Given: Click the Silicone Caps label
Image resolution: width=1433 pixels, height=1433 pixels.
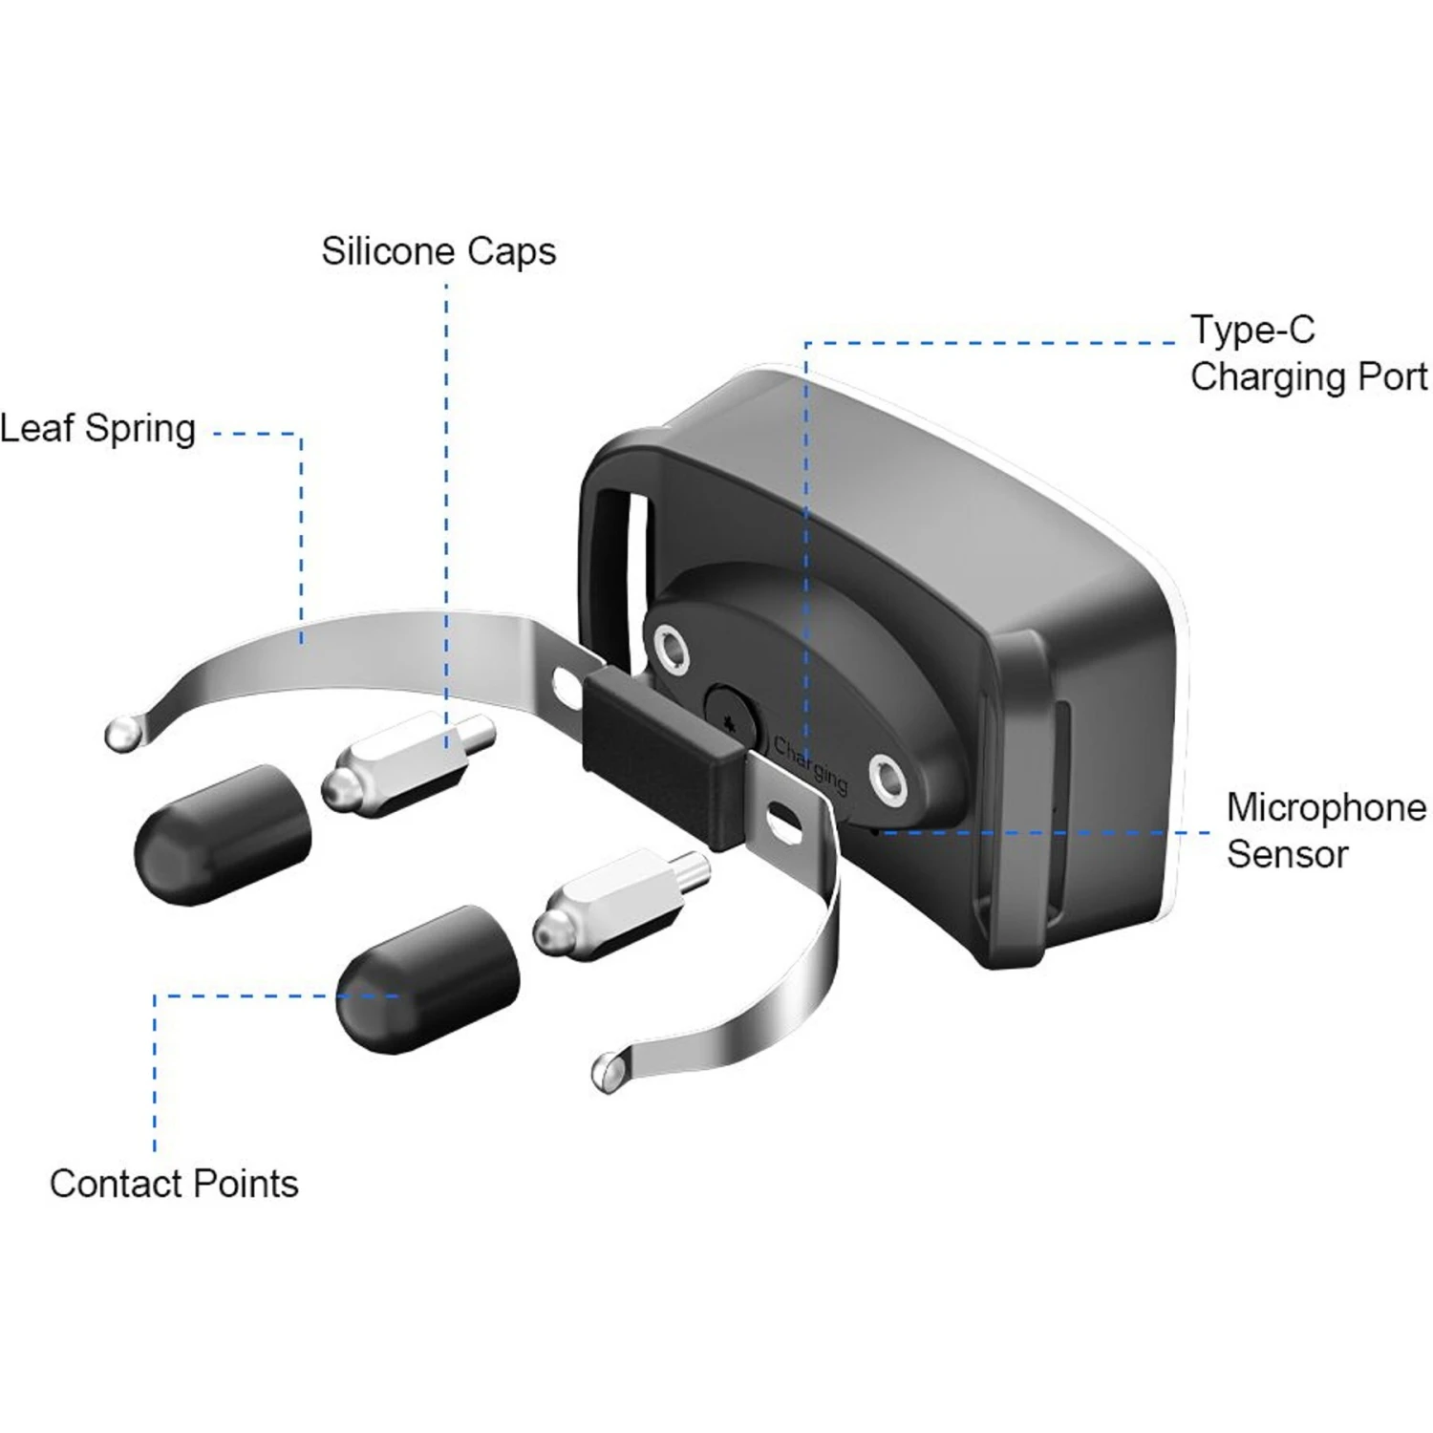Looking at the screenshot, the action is pyautogui.click(x=438, y=252).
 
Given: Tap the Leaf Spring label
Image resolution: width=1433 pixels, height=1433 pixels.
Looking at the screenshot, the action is pyautogui.click(x=97, y=429).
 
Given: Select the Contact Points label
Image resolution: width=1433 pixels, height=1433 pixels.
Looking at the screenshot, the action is pyautogui.click(x=174, y=1184).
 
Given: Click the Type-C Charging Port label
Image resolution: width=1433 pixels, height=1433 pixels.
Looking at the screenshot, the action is pyautogui.click(x=1309, y=353).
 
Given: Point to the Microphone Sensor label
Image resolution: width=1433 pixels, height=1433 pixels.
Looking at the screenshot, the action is pyautogui.click(x=1326, y=830).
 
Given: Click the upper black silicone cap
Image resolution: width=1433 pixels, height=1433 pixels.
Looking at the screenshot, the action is pyautogui.click(x=223, y=834).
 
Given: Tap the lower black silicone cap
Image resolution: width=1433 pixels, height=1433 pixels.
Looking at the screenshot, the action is pyautogui.click(x=428, y=979).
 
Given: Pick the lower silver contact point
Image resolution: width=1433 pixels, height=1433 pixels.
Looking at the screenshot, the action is pyautogui.click(x=621, y=904).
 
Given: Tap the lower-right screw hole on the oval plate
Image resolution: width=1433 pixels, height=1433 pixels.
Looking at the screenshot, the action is pyautogui.click(x=888, y=776).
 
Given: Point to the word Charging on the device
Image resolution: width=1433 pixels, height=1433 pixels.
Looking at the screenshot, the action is pyautogui.click(x=810, y=764).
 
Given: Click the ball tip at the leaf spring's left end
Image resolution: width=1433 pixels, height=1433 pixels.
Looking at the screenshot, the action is pyautogui.click(x=123, y=733).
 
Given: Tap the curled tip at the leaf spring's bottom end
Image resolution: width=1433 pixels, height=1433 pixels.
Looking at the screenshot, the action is pyautogui.click(x=609, y=1071).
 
